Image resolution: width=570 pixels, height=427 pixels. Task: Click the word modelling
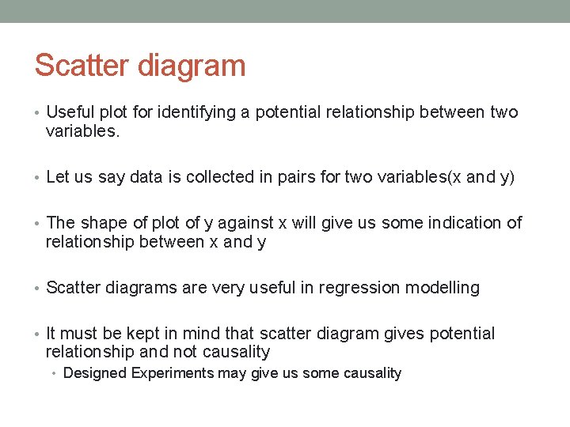pyautogui.click(x=443, y=288)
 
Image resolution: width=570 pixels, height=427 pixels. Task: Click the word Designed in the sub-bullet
pyautogui.click(x=93, y=373)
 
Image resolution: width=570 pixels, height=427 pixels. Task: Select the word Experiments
pyautogui.click(x=167, y=373)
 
